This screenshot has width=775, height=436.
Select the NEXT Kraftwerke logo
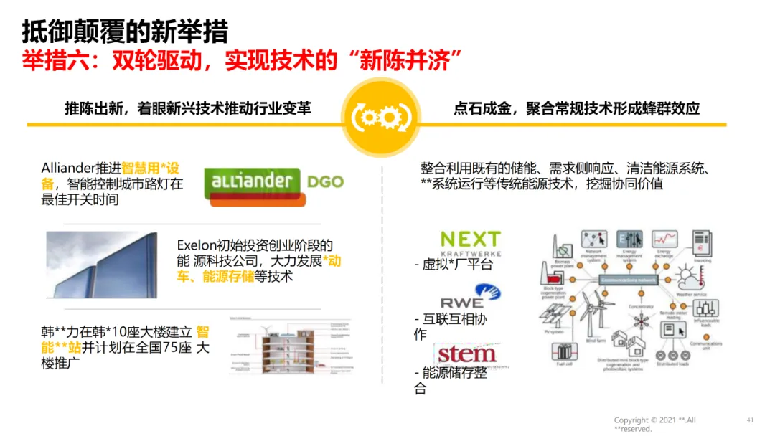click(x=470, y=243)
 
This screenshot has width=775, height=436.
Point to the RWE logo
click(x=471, y=296)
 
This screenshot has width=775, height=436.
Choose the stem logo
click(x=466, y=354)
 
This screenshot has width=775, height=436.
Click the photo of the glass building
click(x=101, y=265)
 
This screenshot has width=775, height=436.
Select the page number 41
click(x=750, y=420)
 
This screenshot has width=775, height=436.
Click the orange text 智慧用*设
click(x=151, y=169)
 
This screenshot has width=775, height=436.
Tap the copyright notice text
click(x=654, y=424)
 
